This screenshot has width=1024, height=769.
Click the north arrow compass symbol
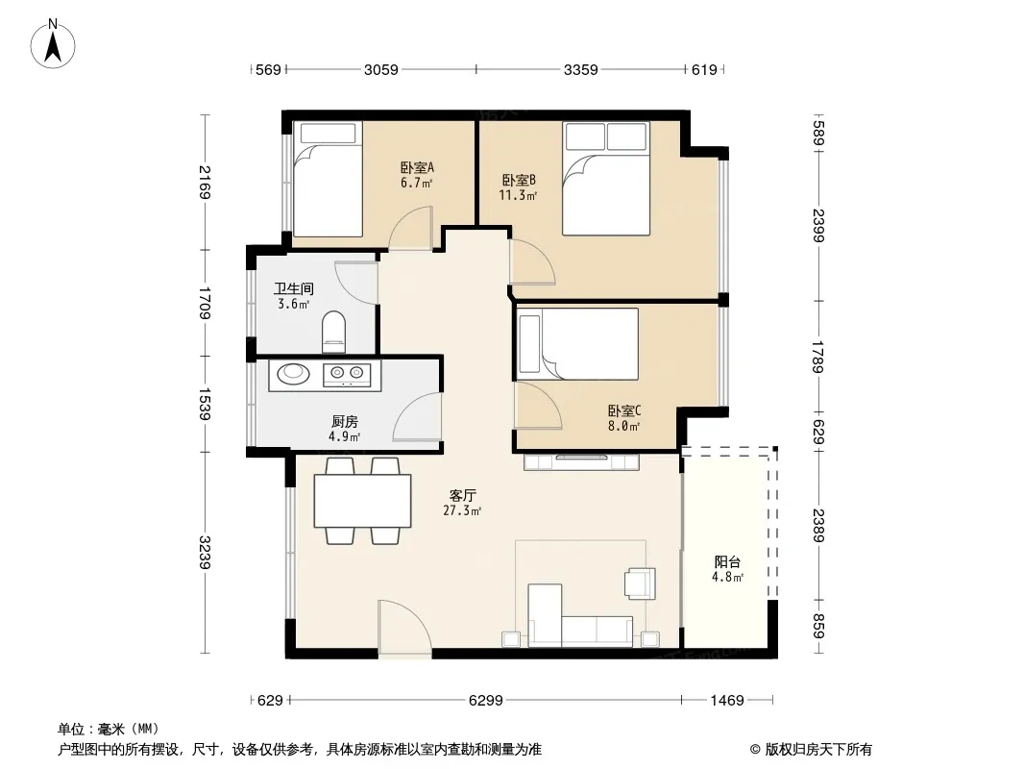click(x=53, y=43)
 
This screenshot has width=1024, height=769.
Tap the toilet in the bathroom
click(x=333, y=332)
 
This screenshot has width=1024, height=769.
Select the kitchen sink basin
click(x=293, y=373)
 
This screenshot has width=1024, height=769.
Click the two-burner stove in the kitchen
click(x=347, y=374)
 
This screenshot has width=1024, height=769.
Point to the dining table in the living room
click(x=362, y=501)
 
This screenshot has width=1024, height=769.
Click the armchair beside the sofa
click(x=640, y=583)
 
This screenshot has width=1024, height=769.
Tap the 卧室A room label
click(x=417, y=168)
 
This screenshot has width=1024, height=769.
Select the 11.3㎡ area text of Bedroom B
click(x=518, y=195)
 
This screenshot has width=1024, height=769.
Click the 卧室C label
click(x=624, y=411)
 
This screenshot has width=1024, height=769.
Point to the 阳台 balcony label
click(x=727, y=562)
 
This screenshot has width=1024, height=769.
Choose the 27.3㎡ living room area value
click(x=462, y=511)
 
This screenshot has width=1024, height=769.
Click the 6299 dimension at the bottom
click(x=486, y=701)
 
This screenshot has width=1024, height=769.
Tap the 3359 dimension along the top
click(x=580, y=69)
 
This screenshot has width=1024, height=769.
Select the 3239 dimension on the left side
click(x=205, y=552)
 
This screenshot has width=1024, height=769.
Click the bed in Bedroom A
click(x=328, y=179)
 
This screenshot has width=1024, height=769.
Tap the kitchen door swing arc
click(x=417, y=417)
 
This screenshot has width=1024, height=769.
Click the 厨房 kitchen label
click(x=344, y=422)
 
